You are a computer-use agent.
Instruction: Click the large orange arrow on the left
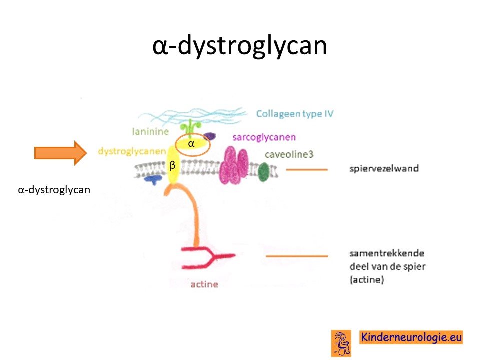click(60, 153)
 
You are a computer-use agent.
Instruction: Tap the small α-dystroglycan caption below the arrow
click(54, 190)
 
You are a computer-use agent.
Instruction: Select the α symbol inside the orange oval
click(191, 143)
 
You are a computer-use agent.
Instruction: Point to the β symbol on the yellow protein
click(172, 165)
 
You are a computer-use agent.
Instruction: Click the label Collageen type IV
click(295, 114)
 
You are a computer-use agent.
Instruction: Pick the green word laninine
click(150, 131)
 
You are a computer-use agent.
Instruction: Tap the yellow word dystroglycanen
click(132, 151)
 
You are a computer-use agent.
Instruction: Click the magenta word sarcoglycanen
click(264, 137)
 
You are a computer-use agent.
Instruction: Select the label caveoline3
click(289, 154)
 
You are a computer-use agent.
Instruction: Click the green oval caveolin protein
click(264, 172)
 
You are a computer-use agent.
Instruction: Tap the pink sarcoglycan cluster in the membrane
click(234, 165)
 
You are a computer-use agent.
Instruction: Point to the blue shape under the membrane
click(153, 179)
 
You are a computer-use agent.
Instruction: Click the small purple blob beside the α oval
click(209, 136)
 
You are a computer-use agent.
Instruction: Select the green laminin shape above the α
click(190, 128)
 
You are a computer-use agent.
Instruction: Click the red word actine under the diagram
click(204, 284)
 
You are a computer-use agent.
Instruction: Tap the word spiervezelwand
click(384, 168)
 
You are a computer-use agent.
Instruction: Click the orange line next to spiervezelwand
click(307, 169)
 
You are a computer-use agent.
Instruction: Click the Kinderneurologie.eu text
click(411, 337)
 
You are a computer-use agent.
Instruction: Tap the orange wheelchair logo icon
click(341, 343)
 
